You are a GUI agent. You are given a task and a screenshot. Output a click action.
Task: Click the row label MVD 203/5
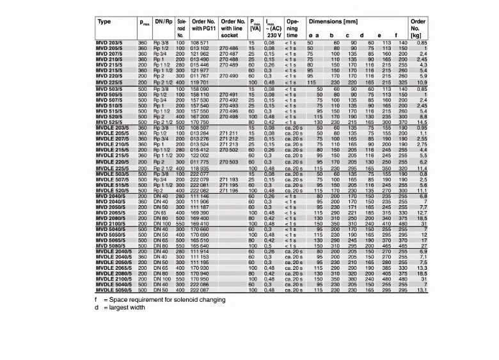pos(109,42)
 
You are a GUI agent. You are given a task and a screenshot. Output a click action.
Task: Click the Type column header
pos(104,22)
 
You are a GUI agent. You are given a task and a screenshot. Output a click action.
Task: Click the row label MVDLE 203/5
pos(113,129)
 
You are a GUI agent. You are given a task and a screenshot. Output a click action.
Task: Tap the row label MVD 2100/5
pos(111,224)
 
